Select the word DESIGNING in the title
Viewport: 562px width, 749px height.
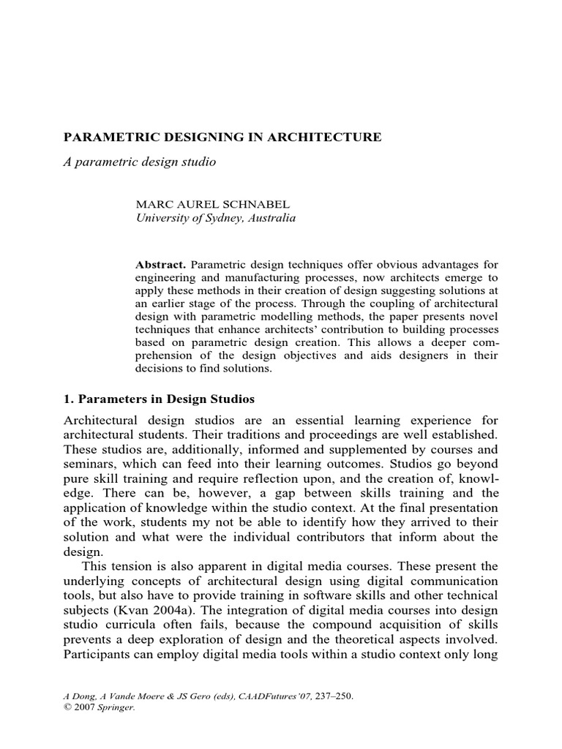pos(189,137)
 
